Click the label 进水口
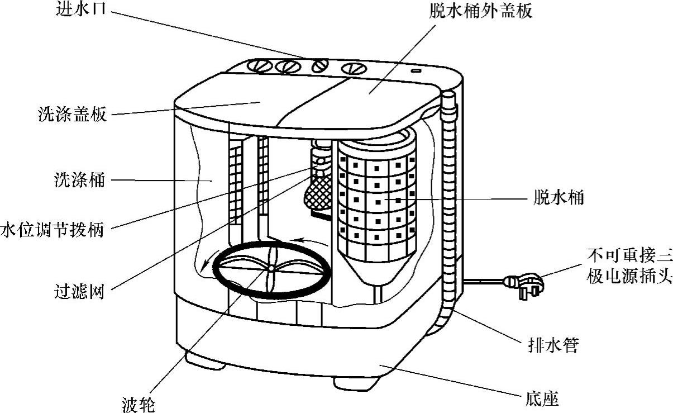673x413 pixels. (82, 11)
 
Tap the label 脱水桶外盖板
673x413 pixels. (475, 11)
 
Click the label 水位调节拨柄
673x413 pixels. (52, 230)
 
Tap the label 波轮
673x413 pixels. (137, 402)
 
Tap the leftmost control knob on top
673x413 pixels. (258, 66)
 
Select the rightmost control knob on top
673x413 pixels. (352, 69)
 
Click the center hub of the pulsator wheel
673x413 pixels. (270, 269)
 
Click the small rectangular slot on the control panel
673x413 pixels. (416, 71)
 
